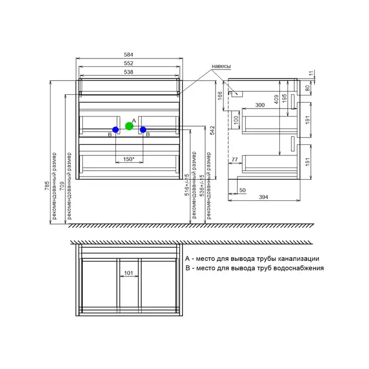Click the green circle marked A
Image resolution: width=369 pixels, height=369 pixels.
[129, 126]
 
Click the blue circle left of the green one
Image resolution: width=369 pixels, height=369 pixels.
[115, 130]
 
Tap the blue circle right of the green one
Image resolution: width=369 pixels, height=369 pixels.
[143, 130]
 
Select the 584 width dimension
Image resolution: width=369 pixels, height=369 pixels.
[129, 55]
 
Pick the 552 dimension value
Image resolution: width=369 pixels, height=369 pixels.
[129, 63]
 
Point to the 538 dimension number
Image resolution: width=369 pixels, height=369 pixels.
[129, 72]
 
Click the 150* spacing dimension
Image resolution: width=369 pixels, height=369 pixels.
[129, 159]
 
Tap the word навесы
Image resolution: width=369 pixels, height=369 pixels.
[221, 66]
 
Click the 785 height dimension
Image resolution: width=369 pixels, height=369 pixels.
[47, 186]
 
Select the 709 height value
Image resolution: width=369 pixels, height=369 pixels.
[62, 186]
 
